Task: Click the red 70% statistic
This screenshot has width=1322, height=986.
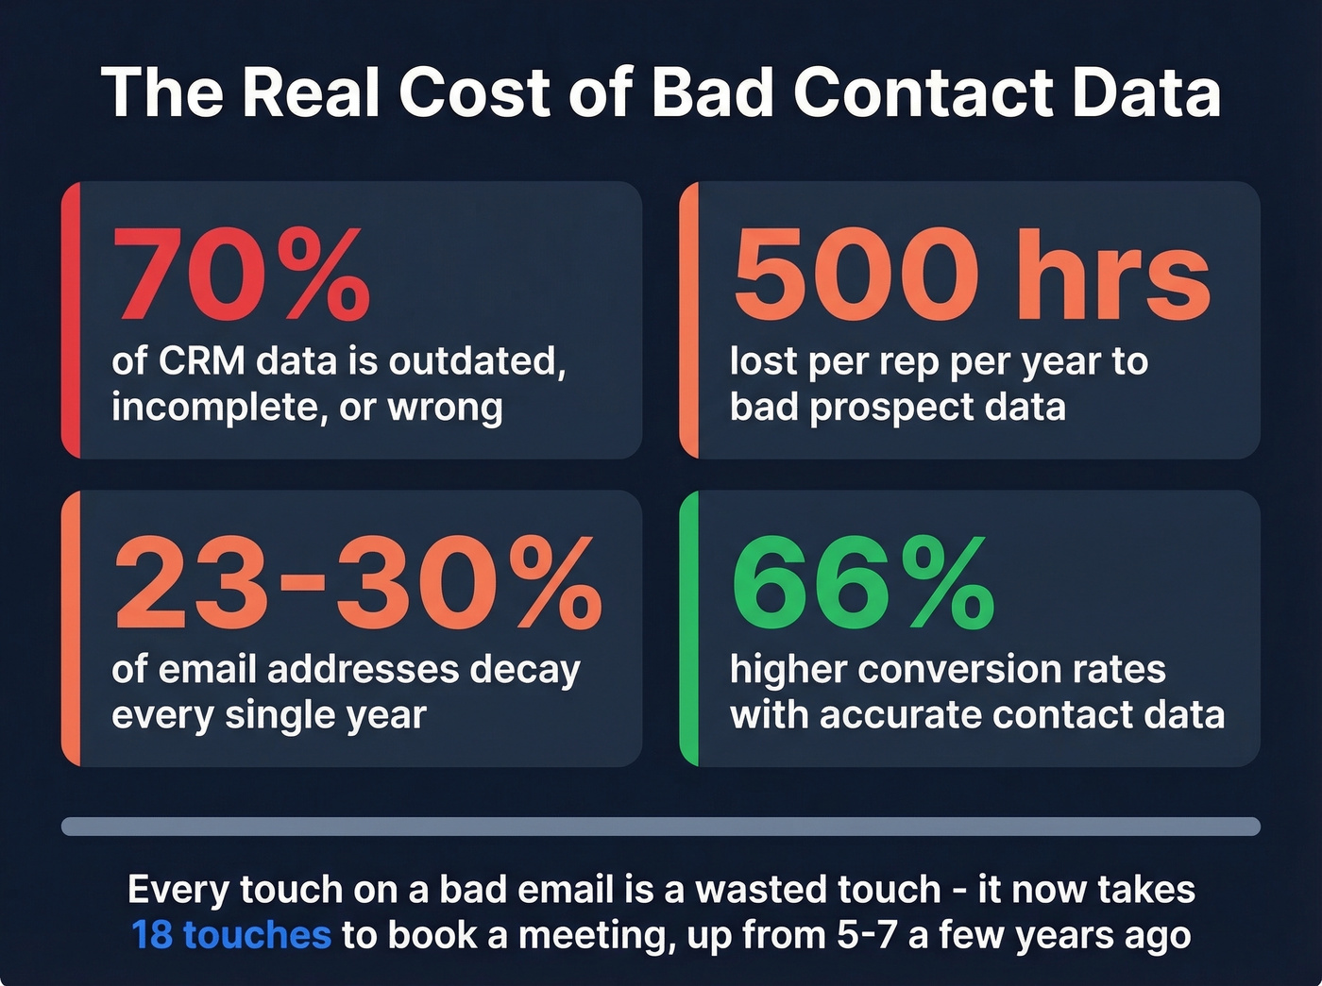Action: tap(241, 276)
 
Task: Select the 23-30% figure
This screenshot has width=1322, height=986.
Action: tap(357, 584)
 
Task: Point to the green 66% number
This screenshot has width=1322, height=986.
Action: tap(863, 584)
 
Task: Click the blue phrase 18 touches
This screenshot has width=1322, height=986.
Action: tap(231, 935)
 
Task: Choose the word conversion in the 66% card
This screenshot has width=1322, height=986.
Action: tap(955, 669)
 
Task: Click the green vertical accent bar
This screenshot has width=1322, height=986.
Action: tap(689, 628)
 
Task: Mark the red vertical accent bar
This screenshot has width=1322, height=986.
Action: tap(71, 320)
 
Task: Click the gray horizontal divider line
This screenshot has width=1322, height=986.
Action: tap(661, 827)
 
